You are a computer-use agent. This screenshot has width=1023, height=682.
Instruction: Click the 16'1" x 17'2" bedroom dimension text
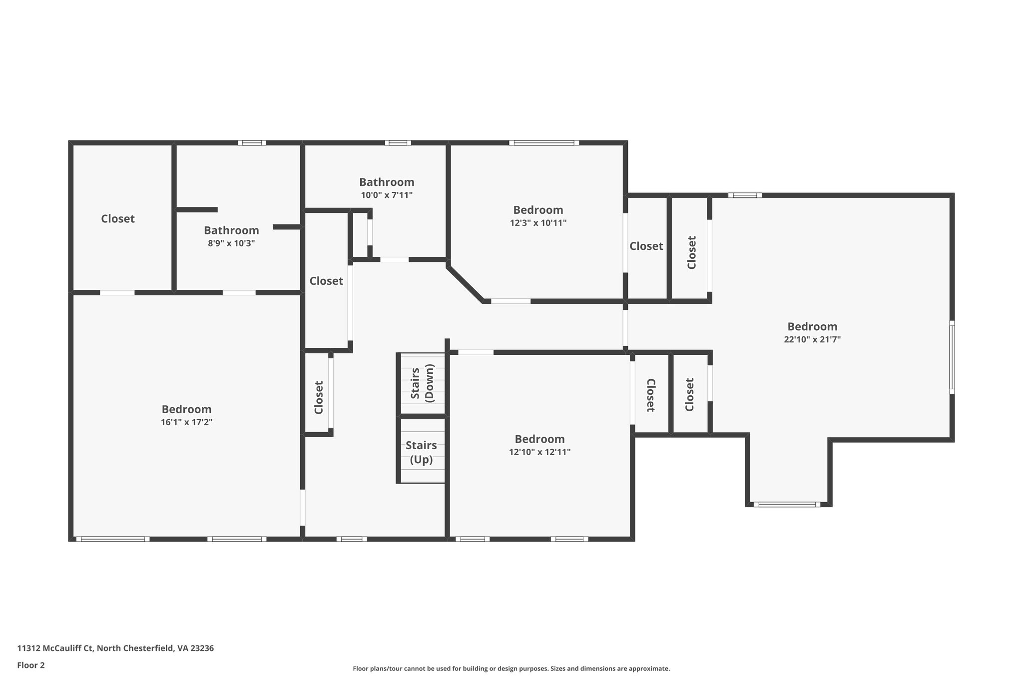click(x=186, y=422)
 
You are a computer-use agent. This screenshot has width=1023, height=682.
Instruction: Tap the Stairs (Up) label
click(x=421, y=452)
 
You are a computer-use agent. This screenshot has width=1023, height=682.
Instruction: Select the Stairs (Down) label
click(x=422, y=383)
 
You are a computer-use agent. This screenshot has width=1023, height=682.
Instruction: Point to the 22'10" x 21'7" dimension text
click(x=812, y=339)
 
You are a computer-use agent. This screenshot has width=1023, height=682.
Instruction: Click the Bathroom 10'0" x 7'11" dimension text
click(x=387, y=195)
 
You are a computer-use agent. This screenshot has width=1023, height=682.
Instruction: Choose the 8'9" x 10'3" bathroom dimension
click(x=231, y=243)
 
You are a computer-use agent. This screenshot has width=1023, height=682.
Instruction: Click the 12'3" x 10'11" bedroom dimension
click(x=538, y=223)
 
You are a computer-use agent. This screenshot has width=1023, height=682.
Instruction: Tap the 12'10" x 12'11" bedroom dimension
click(x=539, y=452)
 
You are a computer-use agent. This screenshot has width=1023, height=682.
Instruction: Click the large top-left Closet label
click(x=118, y=219)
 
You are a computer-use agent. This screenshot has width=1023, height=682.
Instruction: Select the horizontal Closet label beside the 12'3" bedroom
click(x=646, y=246)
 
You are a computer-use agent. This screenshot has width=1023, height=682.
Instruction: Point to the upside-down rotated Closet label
click(x=650, y=395)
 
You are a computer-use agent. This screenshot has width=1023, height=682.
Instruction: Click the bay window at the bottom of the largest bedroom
click(x=787, y=504)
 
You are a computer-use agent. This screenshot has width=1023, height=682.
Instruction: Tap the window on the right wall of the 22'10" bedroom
click(x=952, y=357)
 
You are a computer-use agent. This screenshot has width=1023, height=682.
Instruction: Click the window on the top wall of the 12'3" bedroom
click(x=544, y=143)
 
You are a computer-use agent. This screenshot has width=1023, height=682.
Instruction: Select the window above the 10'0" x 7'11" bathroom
click(x=398, y=143)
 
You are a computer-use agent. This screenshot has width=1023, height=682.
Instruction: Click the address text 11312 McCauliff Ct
click(x=115, y=648)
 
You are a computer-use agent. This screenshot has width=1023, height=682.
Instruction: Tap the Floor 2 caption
click(x=31, y=665)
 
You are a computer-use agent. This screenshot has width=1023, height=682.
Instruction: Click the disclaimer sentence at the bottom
click(x=511, y=669)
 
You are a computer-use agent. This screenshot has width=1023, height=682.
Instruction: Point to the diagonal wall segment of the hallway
click(x=465, y=284)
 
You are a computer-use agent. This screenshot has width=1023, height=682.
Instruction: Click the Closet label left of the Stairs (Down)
click(x=319, y=397)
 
